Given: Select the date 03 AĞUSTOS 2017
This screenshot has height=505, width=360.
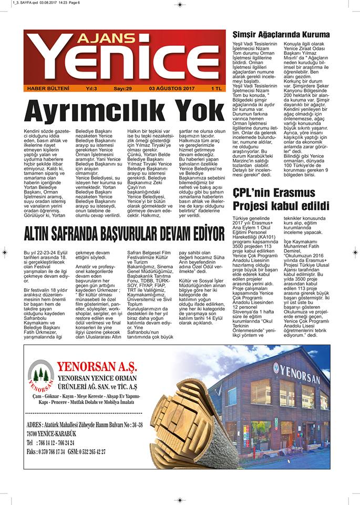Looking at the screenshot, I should tap(172, 88).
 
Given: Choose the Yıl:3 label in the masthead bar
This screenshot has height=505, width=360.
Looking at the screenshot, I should tap(90, 88).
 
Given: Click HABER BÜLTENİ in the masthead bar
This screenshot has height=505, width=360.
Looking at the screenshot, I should tap(48, 88).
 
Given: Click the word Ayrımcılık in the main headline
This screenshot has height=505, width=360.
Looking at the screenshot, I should tap(92, 111).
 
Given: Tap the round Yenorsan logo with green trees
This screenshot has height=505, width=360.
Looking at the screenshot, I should tap(41, 372).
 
